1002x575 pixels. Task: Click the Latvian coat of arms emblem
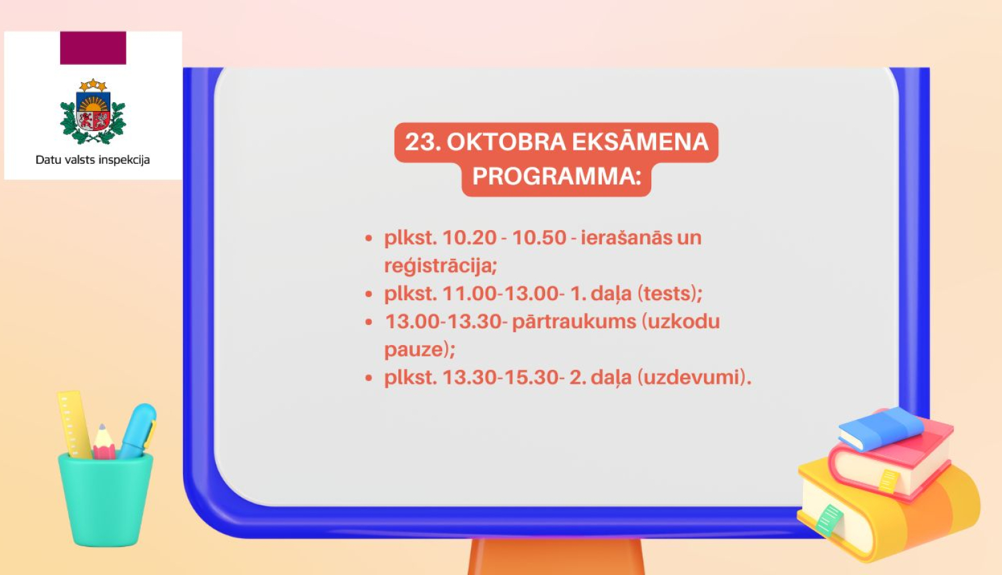(x=93, y=112)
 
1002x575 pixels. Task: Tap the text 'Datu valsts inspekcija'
(x=93, y=160)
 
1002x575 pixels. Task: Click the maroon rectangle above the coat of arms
(x=93, y=48)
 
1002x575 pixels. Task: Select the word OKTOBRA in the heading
(x=506, y=142)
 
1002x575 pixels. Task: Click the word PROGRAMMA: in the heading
(x=556, y=177)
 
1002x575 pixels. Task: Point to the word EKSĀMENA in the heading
(x=640, y=142)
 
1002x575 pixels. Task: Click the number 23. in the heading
(x=422, y=142)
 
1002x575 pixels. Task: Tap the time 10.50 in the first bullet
(x=539, y=238)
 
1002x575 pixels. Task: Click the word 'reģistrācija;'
(x=440, y=266)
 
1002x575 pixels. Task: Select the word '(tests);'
(x=670, y=294)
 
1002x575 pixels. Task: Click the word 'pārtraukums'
(x=574, y=322)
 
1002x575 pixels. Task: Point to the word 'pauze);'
(x=420, y=350)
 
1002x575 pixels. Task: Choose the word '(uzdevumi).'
(x=694, y=378)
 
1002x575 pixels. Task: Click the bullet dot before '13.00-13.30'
(x=369, y=322)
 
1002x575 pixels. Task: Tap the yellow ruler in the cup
(x=73, y=423)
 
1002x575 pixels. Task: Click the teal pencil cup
(x=106, y=498)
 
